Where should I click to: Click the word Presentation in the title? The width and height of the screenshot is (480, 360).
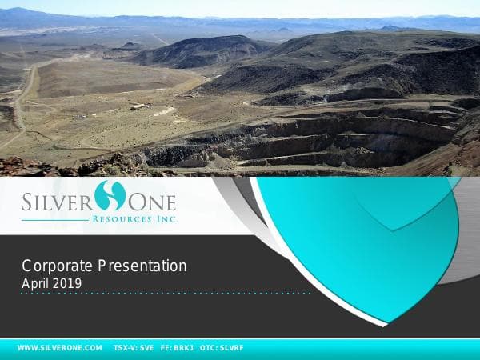coord(143,266)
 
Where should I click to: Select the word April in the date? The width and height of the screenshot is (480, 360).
coord(35,282)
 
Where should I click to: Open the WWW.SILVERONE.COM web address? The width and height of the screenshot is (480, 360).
coord(60,348)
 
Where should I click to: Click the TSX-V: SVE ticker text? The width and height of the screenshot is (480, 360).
coord(134,348)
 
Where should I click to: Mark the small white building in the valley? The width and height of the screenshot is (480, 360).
coord(138,106)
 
